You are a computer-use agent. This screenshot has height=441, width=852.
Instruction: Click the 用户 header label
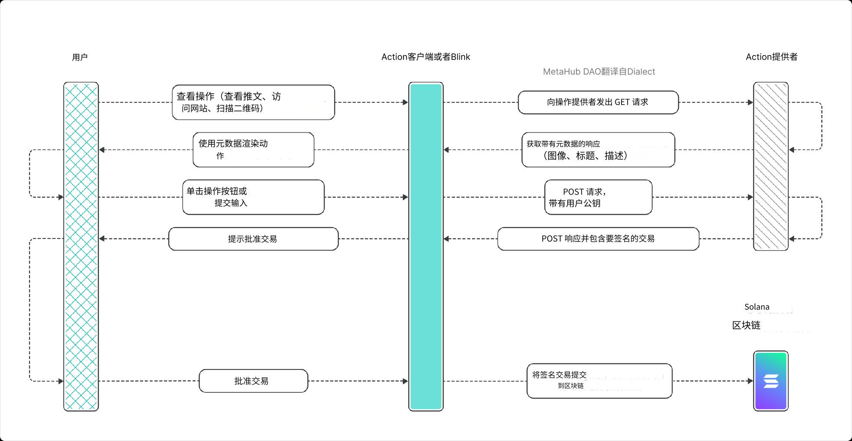point(80,57)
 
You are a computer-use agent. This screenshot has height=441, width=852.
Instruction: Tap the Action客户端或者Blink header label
point(426,57)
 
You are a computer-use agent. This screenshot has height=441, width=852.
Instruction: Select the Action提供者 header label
point(771,57)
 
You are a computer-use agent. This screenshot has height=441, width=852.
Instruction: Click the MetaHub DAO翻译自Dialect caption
point(599,72)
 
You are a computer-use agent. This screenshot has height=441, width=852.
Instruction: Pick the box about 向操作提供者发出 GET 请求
point(598,102)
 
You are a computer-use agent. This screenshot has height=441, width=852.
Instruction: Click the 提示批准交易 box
point(253,239)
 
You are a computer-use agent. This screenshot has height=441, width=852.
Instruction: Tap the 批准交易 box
point(253,381)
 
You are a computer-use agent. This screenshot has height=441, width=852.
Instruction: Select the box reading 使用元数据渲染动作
point(253,150)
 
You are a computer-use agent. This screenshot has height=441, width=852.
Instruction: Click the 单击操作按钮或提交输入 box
point(253,197)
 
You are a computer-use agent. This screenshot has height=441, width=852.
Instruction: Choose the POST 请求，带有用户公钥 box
point(598,197)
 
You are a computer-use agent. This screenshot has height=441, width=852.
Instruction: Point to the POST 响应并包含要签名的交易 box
point(598,239)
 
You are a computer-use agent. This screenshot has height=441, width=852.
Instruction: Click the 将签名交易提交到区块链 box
point(599,381)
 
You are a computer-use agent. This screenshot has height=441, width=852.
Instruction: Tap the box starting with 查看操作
point(253,102)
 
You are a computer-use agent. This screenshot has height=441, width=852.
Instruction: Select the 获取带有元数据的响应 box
point(598,150)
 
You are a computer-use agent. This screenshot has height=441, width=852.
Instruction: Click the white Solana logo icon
point(771,381)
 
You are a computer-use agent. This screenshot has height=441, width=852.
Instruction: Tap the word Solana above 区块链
point(757,307)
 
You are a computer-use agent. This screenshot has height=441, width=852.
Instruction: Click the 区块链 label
point(746,325)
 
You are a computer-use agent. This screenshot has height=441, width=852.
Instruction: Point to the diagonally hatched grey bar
point(771,166)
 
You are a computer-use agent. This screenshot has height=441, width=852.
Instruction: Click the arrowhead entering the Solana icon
point(750,381)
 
